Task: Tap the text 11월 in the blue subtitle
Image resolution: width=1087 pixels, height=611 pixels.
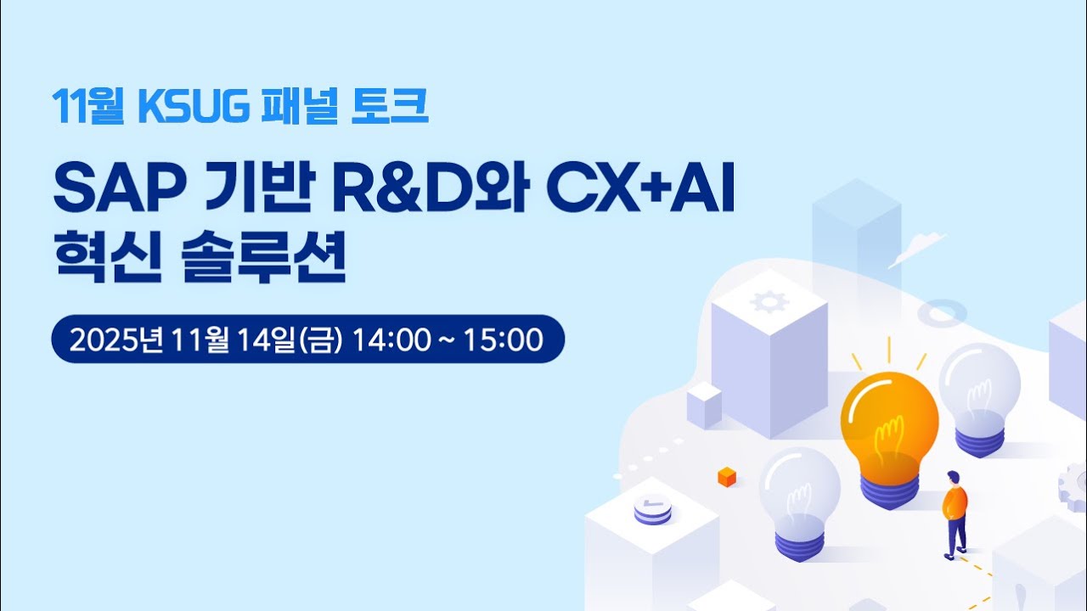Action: pos(87,106)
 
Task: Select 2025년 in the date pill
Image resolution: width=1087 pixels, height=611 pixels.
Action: pos(119,339)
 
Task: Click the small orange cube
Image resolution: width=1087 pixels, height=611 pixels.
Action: pos(727,476)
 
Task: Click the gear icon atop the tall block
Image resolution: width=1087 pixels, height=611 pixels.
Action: pos(770,300)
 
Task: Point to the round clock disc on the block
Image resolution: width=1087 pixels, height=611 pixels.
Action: pos(652,508)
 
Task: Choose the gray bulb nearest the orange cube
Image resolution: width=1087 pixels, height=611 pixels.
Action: pos(799,492)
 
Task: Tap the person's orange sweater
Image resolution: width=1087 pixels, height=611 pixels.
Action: pos(955,502)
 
